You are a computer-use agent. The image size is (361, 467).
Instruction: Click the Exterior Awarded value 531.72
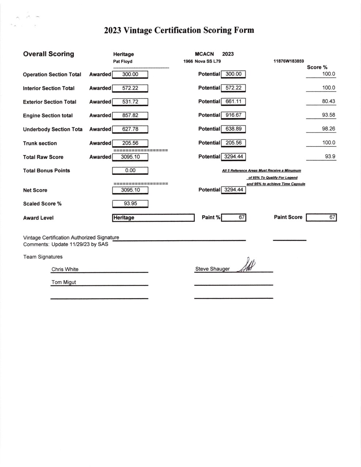coord(130,102)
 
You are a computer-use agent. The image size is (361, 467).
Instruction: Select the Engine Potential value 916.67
coord(234,115)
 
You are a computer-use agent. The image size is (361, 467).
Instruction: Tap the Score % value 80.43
coord(328,101)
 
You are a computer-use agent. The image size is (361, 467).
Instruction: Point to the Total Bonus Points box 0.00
coord(130,170)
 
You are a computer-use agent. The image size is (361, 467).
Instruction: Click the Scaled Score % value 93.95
coord(130,204)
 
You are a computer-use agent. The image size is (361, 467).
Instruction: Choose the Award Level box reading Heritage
coord(153,218)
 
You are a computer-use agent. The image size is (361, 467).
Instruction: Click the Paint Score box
coord(321,217)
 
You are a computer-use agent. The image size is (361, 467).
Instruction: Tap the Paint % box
coord(234,217)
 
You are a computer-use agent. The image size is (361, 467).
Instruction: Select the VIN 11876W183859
coord(288,61)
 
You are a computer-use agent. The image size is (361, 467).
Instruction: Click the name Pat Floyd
coord(123,62)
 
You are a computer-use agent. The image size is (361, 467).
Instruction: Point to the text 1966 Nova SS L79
coord(202,61)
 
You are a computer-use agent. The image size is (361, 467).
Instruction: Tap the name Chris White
coord(65,269)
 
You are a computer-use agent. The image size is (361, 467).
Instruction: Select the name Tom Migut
coord(64,282)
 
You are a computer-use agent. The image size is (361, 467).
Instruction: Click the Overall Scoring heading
coord(49,54)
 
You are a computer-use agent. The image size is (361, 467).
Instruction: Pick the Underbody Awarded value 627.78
coord(130,129)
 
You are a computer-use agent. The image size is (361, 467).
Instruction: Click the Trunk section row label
coord(40,143)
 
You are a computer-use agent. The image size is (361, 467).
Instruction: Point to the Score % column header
coord(317,67)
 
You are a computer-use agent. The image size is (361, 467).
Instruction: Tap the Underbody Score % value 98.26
coord(328,129)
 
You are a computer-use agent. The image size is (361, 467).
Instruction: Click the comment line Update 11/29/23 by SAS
coord(80,244)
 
